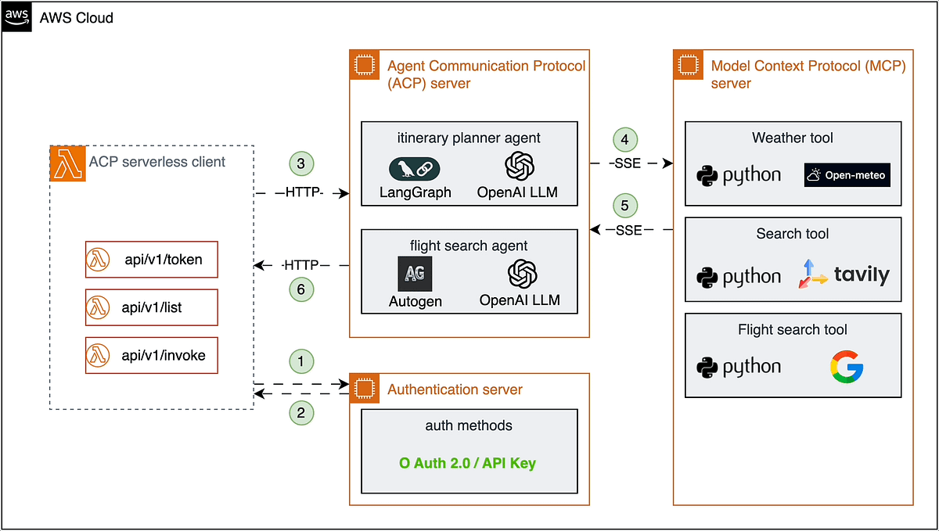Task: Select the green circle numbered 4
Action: [x=625, y=138]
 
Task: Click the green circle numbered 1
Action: [x=300, y=361]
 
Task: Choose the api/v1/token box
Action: [x=151, y=260]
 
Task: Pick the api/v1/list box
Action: [x=151, y=307]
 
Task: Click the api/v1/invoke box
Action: [x=151, y=355]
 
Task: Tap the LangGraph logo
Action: [x=414, y=168]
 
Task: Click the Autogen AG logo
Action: [x=414, y=274]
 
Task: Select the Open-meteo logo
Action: [x=847, y=175]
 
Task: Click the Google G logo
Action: [x=846, y=367]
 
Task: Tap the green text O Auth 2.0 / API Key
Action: [x=468, y=463]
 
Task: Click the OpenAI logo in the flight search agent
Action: [x=520, y=274]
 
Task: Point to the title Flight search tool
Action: [x=792, y=329]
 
